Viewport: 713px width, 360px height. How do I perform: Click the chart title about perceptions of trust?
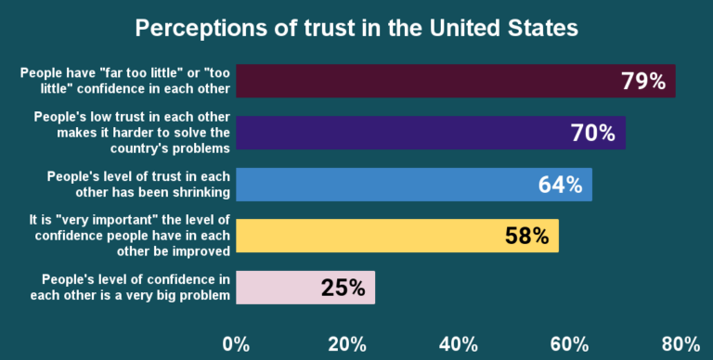356,28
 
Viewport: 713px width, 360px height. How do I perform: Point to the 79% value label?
643,82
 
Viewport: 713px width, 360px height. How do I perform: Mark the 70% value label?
594,134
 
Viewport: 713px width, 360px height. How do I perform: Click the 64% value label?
561,185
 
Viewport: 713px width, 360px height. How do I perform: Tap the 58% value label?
527,237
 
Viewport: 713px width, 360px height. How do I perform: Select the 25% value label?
343,288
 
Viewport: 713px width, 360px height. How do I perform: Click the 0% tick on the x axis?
237,344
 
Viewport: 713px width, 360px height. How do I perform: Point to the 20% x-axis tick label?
347,344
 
